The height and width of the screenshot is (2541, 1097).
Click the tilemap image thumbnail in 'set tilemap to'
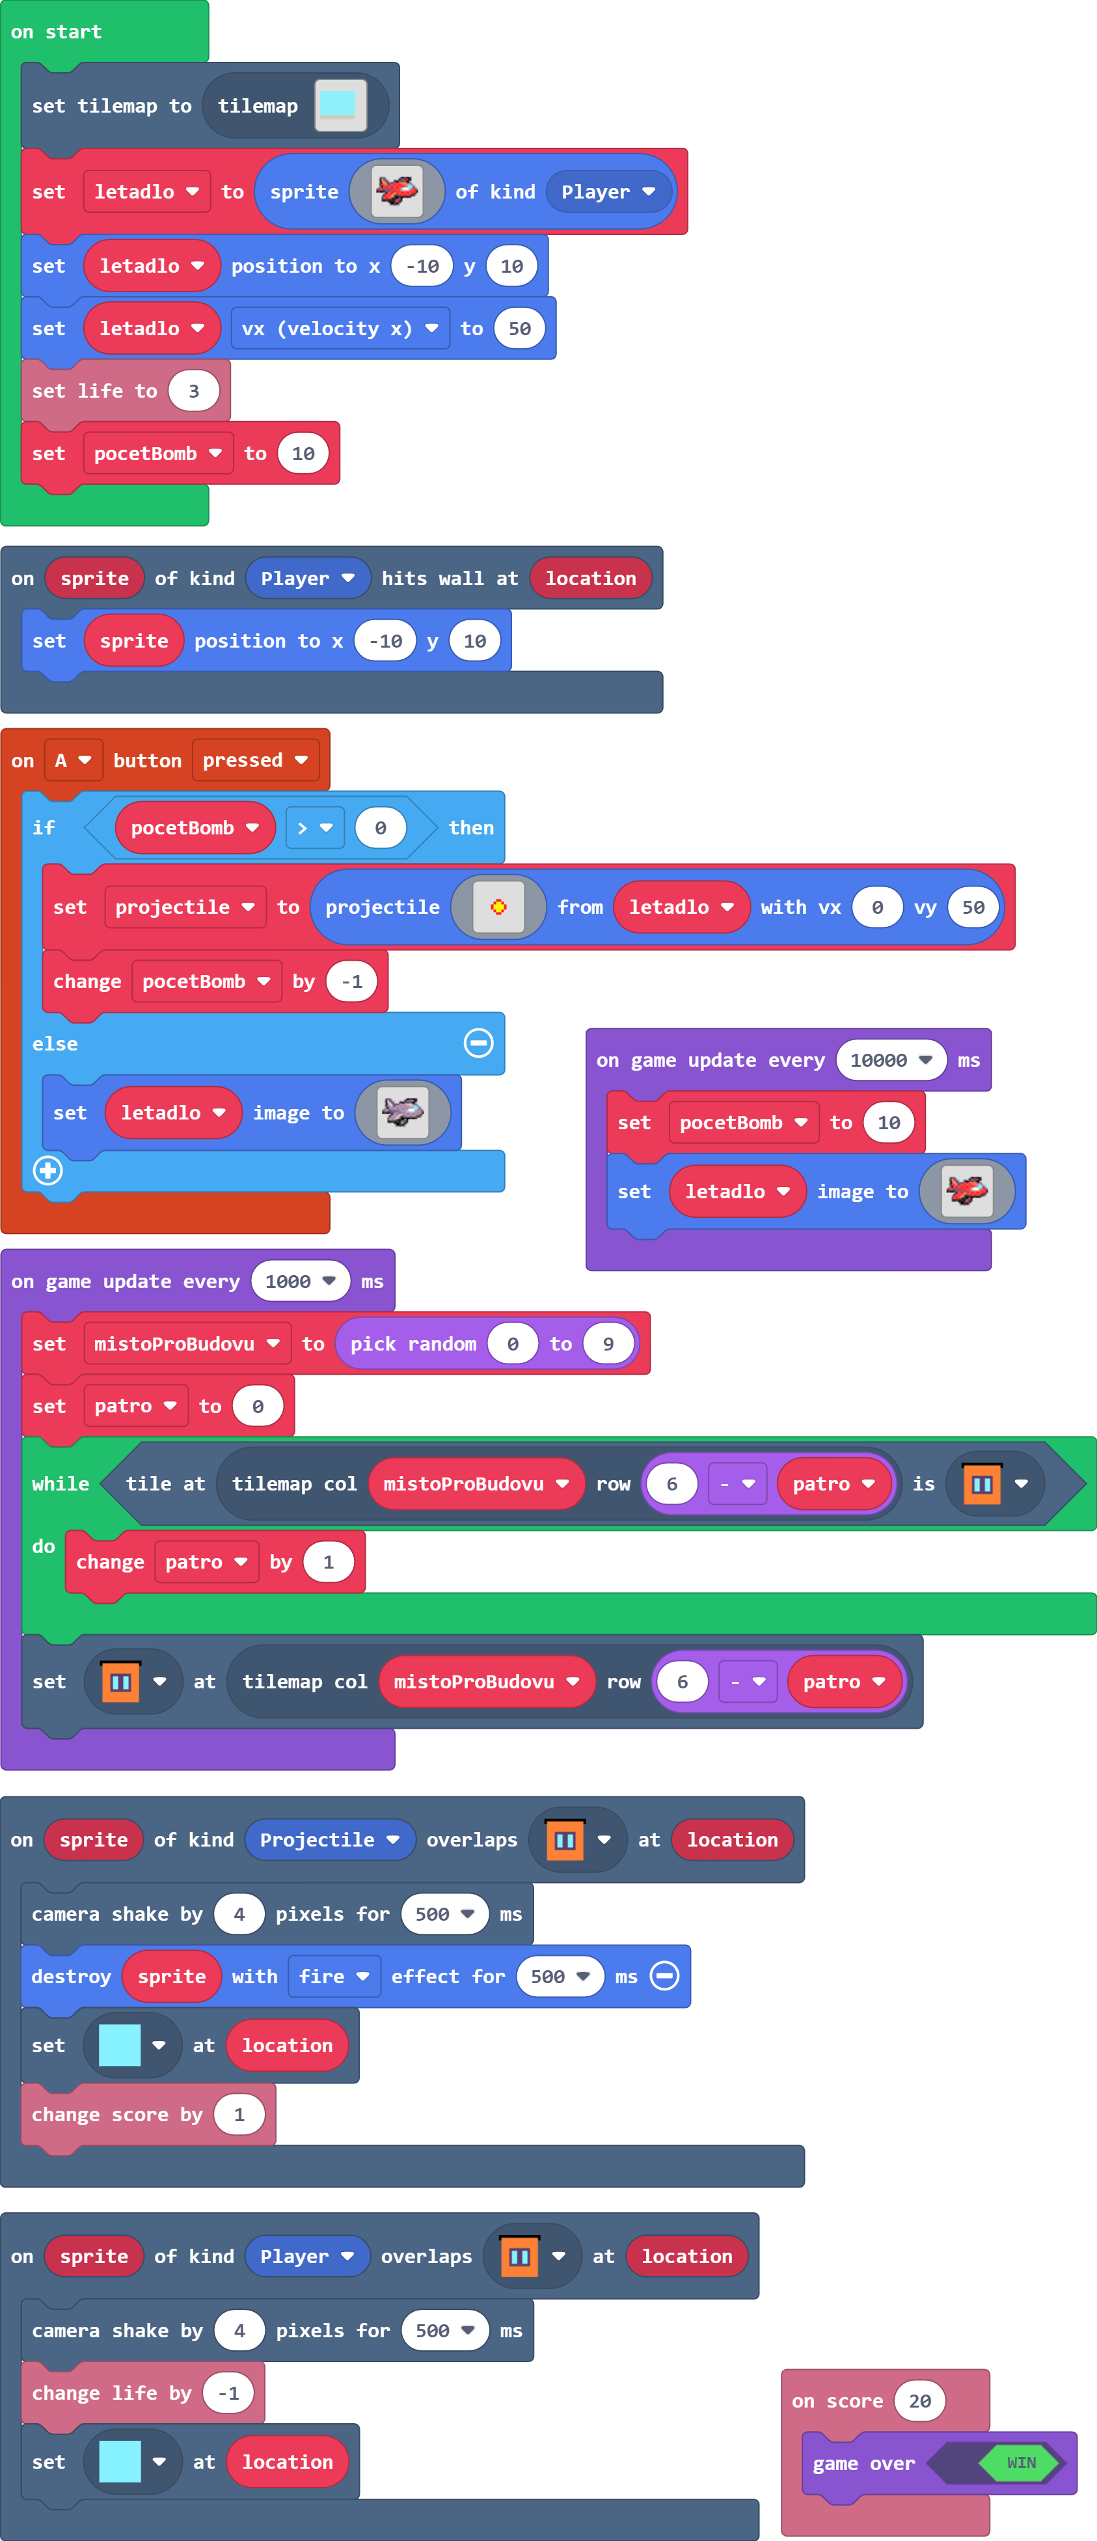(340, 105)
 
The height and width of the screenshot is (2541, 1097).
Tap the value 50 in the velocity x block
(519, 329)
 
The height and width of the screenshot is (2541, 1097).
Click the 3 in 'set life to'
(193, 391)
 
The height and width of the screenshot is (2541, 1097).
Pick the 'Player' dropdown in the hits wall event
(307, 578)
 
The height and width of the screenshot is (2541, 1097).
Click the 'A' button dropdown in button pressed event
(73, 760)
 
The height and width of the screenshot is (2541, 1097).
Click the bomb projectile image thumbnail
(498, 907)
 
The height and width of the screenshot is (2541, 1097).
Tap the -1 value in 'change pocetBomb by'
(351, 982)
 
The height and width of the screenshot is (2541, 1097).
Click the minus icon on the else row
(478, 1043)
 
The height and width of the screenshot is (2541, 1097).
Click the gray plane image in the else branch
(403, 1113)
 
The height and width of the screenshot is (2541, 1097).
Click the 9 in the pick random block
(608, 1343)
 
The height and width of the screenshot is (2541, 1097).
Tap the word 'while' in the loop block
(60, 1483)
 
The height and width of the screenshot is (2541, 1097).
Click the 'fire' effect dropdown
(333, 1976)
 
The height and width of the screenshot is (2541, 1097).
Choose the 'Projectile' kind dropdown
(329, 1839)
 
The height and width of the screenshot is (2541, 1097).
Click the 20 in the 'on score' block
(919, 2401)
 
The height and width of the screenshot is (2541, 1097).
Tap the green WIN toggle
(1021, 2463)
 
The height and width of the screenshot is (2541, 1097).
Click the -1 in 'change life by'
(228, 2393)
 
